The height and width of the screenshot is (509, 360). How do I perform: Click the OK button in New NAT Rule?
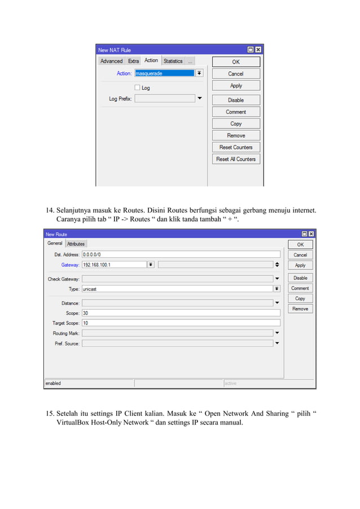tap(236, 62)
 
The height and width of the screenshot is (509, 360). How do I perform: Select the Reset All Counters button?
tap(236, 159)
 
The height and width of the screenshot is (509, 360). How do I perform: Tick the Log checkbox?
tap(137, 87)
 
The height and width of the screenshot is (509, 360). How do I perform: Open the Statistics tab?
tap(173, 61)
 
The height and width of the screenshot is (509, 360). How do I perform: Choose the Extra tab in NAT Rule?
tap(133, 61)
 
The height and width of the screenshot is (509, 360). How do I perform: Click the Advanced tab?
tap(111, 61)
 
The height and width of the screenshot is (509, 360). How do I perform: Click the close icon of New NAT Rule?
tap(258, 50)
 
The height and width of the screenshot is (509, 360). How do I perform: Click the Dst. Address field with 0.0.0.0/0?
tap(181, 254)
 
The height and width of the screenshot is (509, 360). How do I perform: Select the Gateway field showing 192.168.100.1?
tap(114, 265)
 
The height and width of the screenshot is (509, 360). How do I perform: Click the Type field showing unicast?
tap(177, 288)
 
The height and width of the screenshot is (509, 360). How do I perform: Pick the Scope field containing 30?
tap(181, 313)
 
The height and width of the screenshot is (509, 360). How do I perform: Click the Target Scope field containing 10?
tap(181, 323)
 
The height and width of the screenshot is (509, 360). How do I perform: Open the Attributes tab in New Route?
tap(76, 244)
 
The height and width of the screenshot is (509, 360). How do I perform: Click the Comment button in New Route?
tap(300, 288)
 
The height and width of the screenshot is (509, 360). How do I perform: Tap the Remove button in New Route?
tap(300, 309)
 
